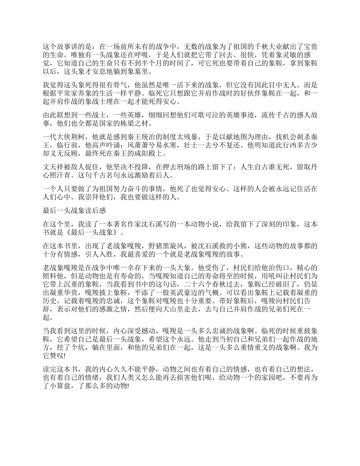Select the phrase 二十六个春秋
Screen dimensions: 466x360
(197, 284)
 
